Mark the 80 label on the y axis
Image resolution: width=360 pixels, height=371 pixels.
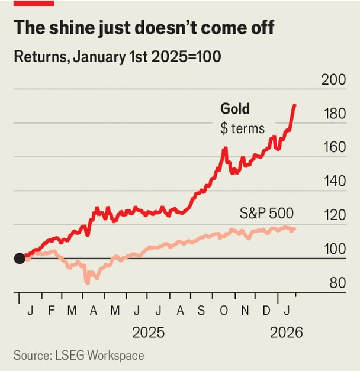click(337, 283)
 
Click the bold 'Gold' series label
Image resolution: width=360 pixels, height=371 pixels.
click(235, 109)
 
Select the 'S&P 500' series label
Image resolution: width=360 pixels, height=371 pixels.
click(266, 213)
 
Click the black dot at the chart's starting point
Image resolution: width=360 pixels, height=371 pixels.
click(20, 258)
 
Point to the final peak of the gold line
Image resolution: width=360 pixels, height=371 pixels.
click(295, 105)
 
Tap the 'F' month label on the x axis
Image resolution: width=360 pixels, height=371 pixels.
click(51, 311)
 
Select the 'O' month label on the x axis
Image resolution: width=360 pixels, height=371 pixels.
click(224, 311)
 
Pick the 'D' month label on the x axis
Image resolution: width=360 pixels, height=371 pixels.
click(267, 311)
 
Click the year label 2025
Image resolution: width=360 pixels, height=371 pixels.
click(149, 333)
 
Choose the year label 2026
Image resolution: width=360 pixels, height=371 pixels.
click(287, 333)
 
